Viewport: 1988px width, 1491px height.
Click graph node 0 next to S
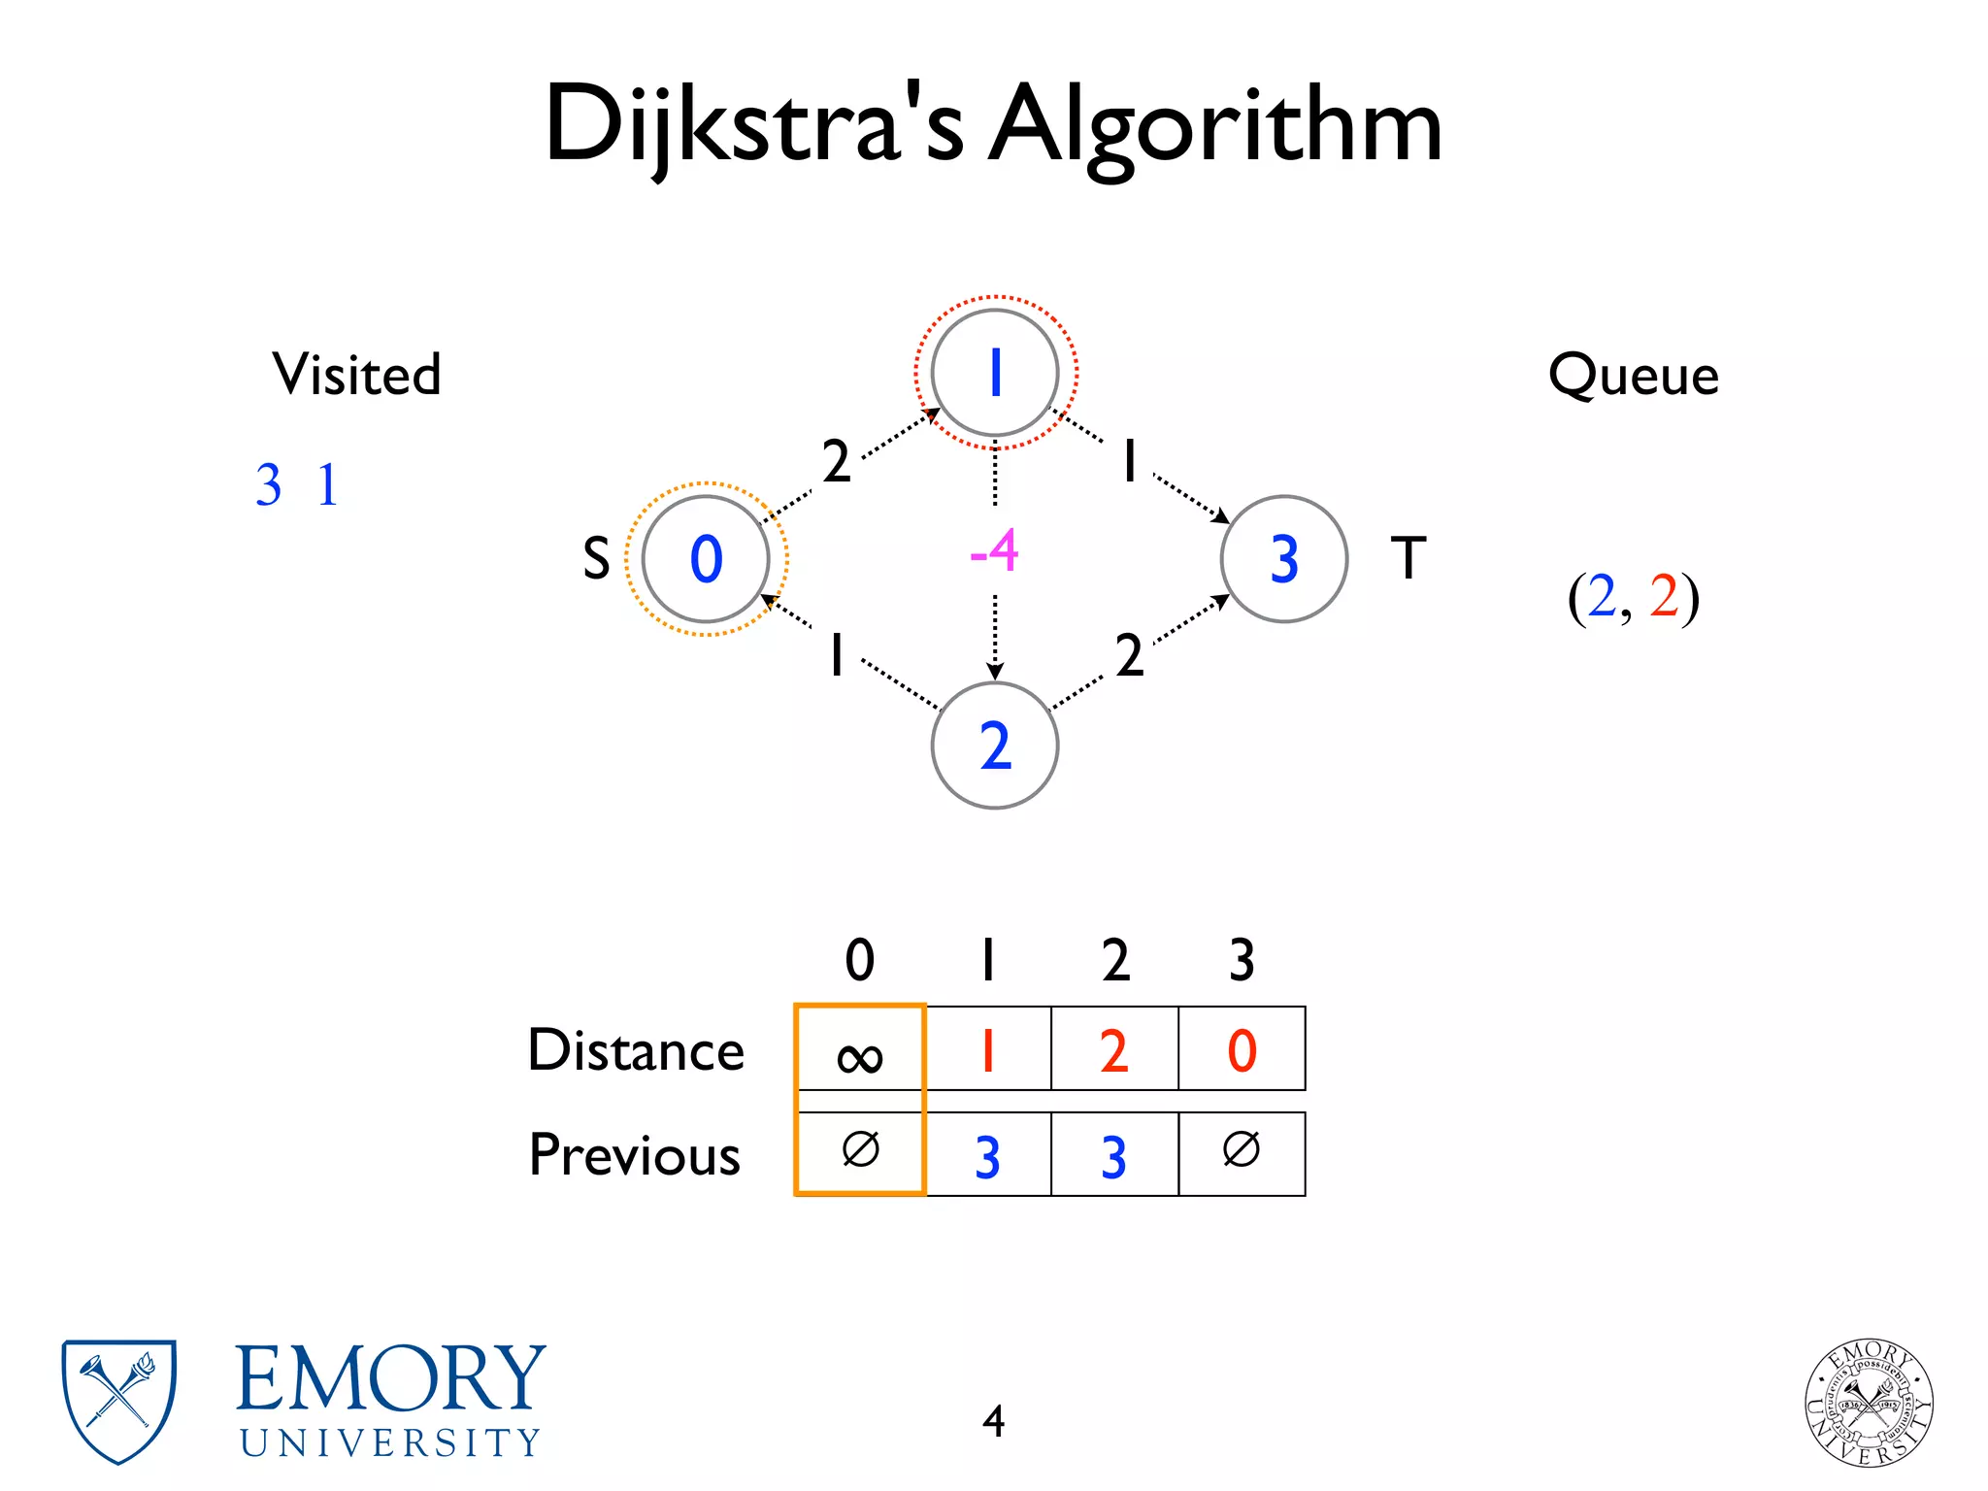[706, 559]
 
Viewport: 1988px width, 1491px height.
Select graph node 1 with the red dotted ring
[995, 373]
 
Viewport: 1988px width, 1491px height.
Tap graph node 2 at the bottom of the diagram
[995, 745]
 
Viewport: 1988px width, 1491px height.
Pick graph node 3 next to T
[1283, 559]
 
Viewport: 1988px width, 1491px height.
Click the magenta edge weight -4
[994, 551]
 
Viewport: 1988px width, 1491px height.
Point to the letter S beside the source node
[596, 559]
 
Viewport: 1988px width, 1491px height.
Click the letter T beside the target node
[1408, 558]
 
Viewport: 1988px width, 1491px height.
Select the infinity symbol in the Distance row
[860, 1056]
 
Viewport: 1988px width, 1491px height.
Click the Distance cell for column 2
[1114, 1050]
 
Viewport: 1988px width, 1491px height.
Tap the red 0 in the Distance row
[1242, 1050]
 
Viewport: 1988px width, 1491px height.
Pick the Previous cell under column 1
[987, 1156]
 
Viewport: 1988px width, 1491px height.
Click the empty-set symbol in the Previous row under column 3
[1242, 1150]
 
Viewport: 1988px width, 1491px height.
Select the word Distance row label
[636, 1050]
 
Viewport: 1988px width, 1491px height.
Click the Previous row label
[635, 1155]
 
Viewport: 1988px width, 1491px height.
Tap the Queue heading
[1634, 376]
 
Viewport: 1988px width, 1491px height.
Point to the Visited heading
[356, 375]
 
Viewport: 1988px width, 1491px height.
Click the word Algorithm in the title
[1214, 126]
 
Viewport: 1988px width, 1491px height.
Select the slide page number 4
[993, 1421]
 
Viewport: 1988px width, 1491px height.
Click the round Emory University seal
[1869, 1402]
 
